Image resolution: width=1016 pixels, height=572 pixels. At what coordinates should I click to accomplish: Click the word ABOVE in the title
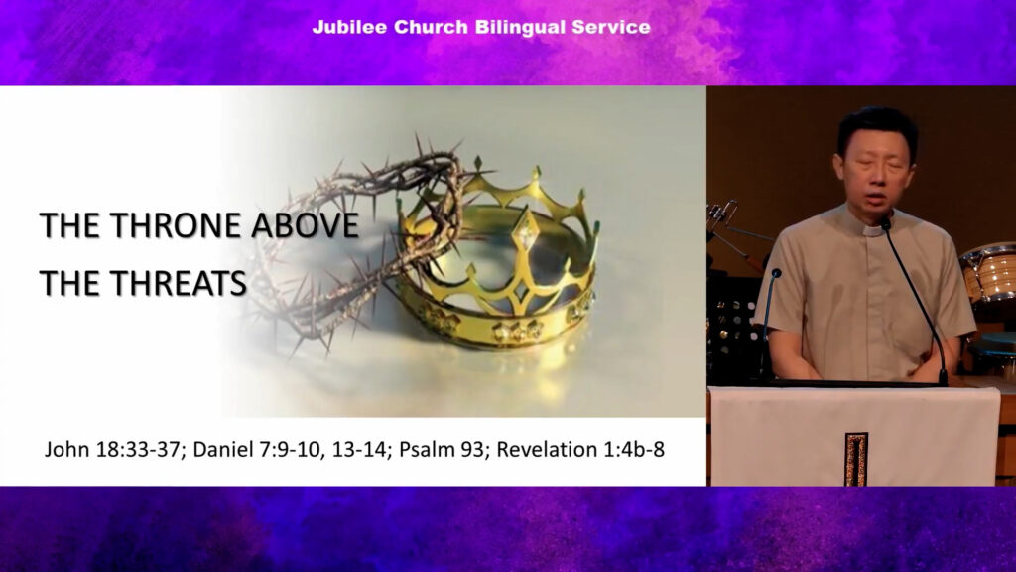point(305,225)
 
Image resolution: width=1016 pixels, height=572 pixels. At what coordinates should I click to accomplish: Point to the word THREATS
point(179,283)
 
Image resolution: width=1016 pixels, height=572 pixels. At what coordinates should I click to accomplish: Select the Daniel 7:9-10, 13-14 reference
point(292,449)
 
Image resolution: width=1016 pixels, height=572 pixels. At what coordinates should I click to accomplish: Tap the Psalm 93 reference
point(444,449)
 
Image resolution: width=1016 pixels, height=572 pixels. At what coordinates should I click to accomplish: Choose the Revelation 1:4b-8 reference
point(580,449)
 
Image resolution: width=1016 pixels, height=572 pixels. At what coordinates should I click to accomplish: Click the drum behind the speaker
point(987,272)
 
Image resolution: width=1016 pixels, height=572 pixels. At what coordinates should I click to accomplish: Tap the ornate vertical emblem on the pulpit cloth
point(856,459)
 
